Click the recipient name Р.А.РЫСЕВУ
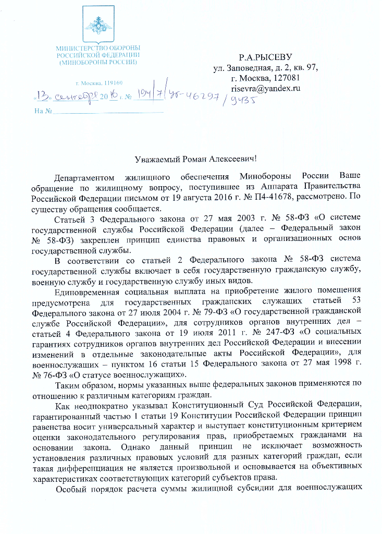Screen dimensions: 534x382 (x=265, y=56)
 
